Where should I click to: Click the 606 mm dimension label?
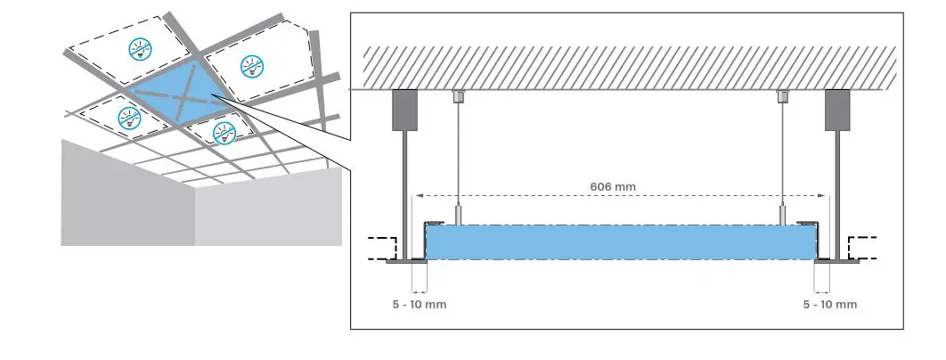click(614, 187)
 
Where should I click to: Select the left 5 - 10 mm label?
click(419, 305)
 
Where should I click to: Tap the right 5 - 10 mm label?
click(829, 305)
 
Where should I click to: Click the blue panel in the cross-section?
click(621, 241)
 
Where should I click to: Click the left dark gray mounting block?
click(406, 107)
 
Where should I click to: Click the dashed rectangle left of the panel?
click(382, 248)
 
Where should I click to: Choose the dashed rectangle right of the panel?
click(862, 248)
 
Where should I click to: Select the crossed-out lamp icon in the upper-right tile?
click(249, 64)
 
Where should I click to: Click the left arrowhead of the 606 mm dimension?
click(415, 195)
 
